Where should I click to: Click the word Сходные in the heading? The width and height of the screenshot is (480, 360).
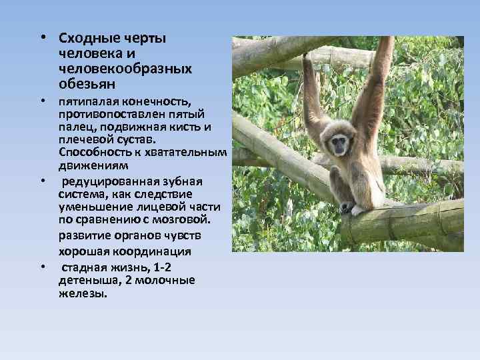click(x=83, y=38)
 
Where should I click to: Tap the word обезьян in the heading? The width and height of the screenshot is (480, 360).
click(x=87, y=84)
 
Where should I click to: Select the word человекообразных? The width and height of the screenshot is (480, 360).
click(x=125, y=69)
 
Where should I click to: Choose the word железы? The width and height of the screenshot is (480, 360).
click(x=83, y=292)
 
